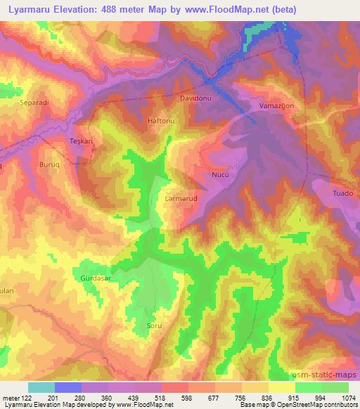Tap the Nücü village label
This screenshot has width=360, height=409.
[220, 171]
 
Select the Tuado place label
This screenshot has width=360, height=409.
[342, 194]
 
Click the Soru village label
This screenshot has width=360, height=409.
[154, 326]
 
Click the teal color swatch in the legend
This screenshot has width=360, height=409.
[41, 387]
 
